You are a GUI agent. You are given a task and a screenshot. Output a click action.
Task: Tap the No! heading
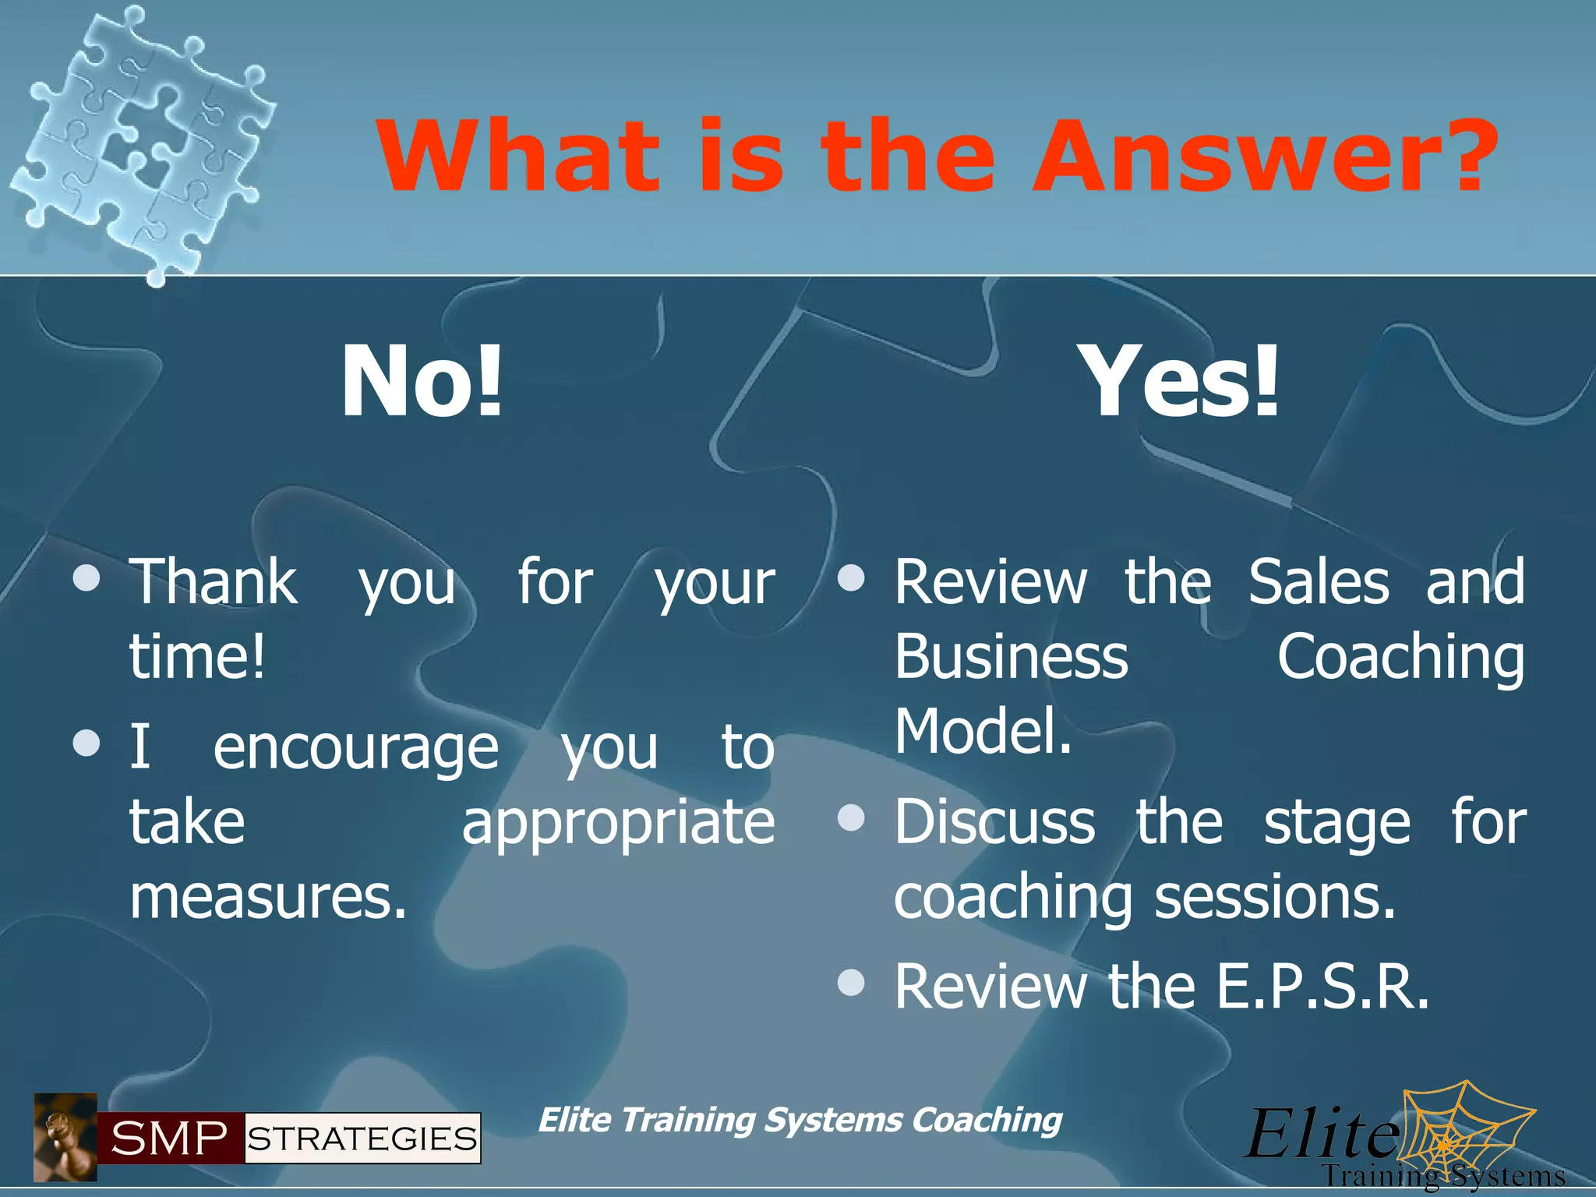[x=422, y=382]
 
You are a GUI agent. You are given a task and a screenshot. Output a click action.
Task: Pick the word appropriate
[x=618, y=822]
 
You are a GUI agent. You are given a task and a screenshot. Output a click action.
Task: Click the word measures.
[x=268, y=897]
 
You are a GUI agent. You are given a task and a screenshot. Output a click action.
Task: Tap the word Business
[x=1011, y=656]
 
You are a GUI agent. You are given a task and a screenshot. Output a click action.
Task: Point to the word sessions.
[x=1275, y=897]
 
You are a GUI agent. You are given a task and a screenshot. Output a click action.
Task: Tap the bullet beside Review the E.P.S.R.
[x=851, y=983]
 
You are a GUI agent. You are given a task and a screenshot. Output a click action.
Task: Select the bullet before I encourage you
[x=87, y=743]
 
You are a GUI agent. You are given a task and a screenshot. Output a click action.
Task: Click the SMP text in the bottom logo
[x=170, y=1139]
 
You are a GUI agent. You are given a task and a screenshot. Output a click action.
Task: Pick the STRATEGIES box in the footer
[x=362, y=1139]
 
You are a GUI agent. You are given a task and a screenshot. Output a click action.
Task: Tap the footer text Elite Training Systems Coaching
[x=800, y=1120]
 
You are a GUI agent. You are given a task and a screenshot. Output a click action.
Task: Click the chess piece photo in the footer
[x=65, y=1137]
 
